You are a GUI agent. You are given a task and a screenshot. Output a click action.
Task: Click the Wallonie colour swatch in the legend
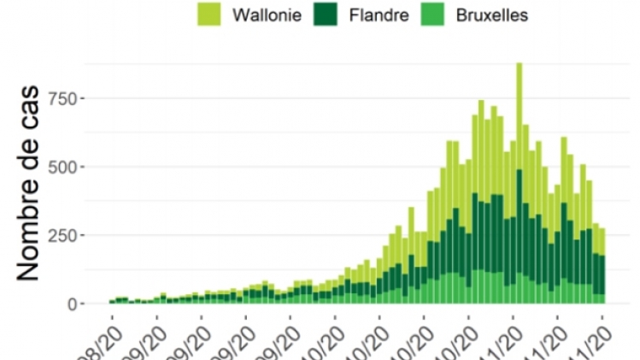[x=208, y=15]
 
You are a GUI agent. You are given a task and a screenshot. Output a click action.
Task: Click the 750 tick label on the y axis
[x=68, y=98]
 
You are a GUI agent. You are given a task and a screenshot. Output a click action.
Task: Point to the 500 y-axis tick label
[x=68, y=167]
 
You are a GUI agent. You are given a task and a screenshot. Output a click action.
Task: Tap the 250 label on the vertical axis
[x=68, y=235]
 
